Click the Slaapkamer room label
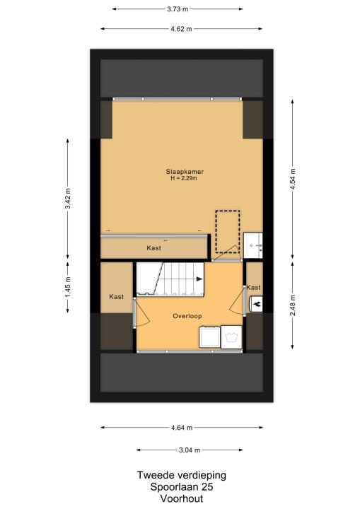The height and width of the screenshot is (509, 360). tap(185, 172)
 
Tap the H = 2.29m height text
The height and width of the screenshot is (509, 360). tap(184, 178)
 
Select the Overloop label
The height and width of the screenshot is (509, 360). tap(187, 316)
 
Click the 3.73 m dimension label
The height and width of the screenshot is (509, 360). tap(178, 9)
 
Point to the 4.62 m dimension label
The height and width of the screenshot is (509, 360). tap(181, 29)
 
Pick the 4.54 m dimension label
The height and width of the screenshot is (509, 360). tap(293, 180)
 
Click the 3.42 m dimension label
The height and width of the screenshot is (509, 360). tap(68, 199)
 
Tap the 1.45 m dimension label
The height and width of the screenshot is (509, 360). tap(68, 287)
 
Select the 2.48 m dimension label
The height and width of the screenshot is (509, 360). tap(293, 305)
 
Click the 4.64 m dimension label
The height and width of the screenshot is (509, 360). tap(182, 428)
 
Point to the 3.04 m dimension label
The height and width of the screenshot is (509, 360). tap(190, 450)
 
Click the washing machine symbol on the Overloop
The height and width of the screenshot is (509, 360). tap(231, 337)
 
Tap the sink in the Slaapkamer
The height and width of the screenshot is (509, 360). tap(252, 245)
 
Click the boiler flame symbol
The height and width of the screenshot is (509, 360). tap(257, 304)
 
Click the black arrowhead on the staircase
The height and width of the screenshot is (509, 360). tap(199, 279)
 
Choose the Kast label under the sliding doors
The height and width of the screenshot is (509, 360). tap(153, 248)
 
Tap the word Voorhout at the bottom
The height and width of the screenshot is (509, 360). tap(182, 498)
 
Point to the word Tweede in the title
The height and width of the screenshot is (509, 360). tap(154, 475)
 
